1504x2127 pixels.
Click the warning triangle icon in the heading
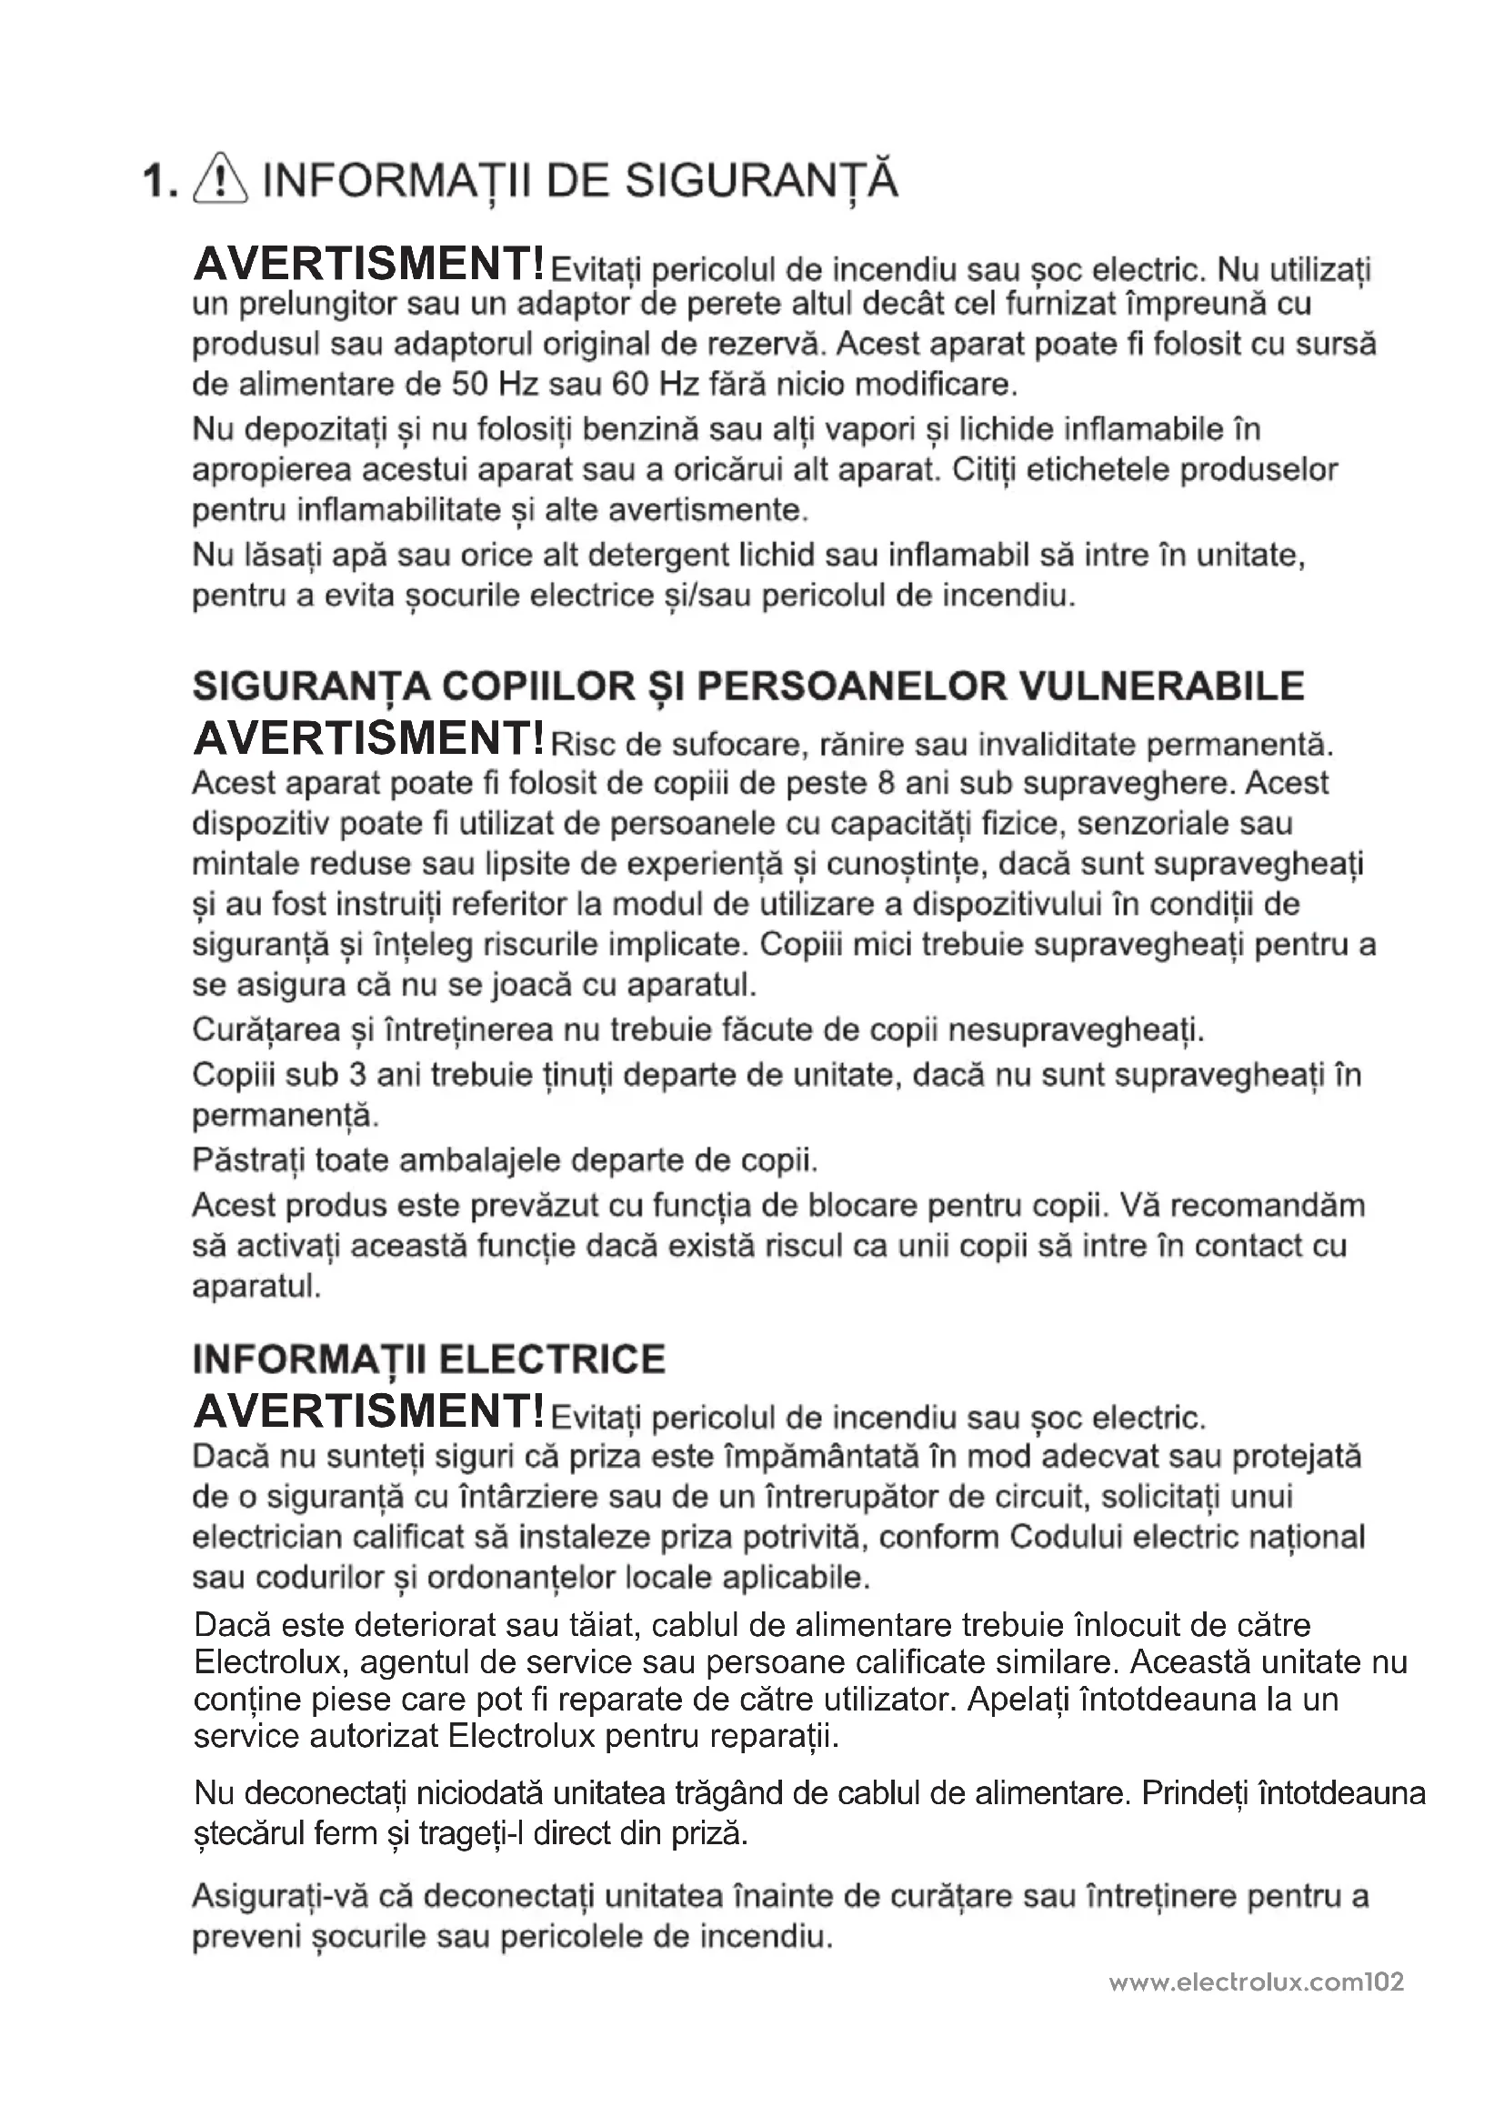click(x=219, y=180)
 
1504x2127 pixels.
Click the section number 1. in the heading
click(x=160, y=182)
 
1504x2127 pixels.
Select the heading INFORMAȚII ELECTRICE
click(x=429, y=1359)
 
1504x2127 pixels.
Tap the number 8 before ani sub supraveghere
click(x=886, y=784)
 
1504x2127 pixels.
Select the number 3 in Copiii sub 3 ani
click(x=357, y=1075)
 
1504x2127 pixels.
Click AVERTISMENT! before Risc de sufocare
click(x=368, y=738)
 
